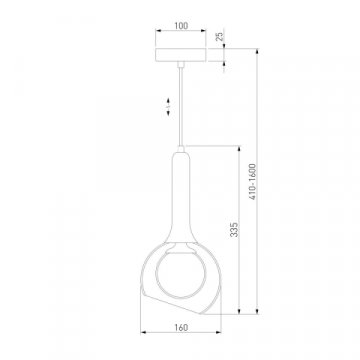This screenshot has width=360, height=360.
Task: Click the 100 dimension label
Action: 181,26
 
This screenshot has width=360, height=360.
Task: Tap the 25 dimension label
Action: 219,37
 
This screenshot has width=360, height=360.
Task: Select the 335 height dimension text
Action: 235,230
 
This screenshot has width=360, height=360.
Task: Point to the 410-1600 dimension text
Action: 252,182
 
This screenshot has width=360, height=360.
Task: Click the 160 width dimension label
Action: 181,327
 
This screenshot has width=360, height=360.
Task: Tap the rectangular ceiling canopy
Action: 181,55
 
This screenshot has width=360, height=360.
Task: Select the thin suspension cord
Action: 181,107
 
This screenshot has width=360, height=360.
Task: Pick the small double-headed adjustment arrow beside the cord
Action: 168,107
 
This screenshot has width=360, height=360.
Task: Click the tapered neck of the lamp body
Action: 181,197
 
